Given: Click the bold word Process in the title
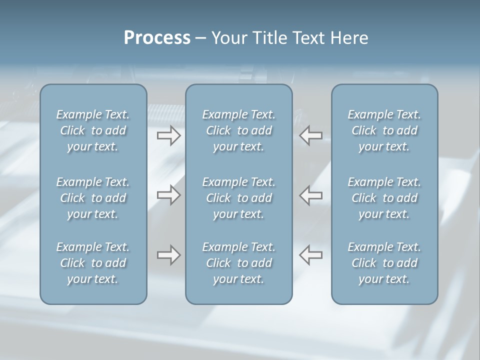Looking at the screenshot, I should point(157,38).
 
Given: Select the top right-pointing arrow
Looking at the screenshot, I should point(168,135).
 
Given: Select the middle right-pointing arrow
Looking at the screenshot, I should point(168,194).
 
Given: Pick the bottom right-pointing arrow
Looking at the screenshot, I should point(168,255).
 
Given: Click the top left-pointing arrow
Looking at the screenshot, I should point(310,135).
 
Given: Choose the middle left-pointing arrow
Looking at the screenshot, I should point(310,194).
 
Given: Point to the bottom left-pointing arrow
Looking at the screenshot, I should point(310,255).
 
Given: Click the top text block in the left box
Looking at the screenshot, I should point(93,130).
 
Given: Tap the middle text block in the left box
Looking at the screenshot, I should point(93,198).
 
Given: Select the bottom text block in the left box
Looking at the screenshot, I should point(93,263).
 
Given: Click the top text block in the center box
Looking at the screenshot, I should point(238,130).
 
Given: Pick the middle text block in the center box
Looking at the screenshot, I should point(238,198).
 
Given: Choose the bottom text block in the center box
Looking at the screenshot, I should point(238,263).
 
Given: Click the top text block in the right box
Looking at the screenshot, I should point(384,130).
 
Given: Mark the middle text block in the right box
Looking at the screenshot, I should point(384,198).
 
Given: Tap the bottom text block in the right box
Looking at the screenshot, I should point(384,263).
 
